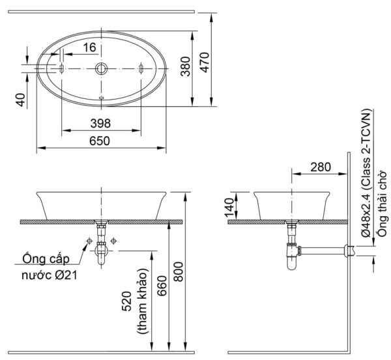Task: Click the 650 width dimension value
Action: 100,140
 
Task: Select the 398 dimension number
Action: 100,123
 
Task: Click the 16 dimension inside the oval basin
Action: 89,46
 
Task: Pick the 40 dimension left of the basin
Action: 20,99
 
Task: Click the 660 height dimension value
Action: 161,286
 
